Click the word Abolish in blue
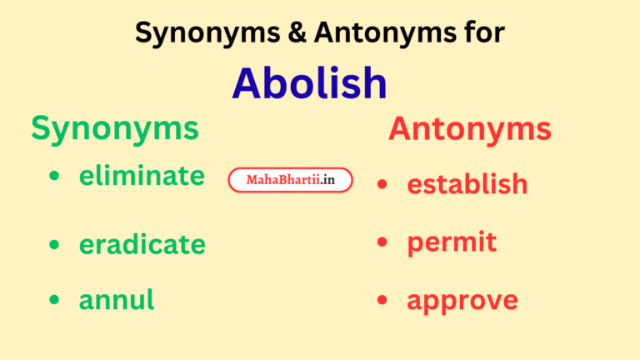[309, 82]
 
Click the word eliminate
[142, 176]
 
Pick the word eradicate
[142, 244]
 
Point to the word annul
[117, 299]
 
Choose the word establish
[467, 183]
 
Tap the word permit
[452, 242]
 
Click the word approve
[462, 301]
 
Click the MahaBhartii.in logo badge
[290, 180]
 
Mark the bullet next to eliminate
[55, 177]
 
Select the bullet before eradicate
[55, 245]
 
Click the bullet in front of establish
[382, 184]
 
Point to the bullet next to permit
[382, 242]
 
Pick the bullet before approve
[382, 300]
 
